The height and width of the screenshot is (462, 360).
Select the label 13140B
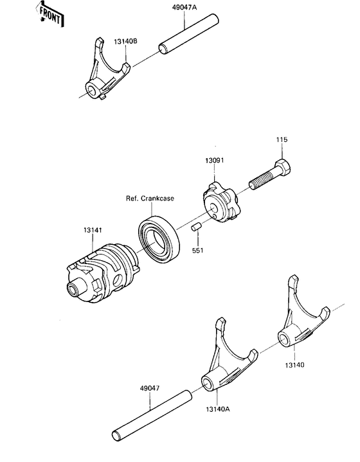(125, 43)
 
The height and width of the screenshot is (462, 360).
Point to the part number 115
(282, 139)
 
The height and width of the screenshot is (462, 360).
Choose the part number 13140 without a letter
(295, 364)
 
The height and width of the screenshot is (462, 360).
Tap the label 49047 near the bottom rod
(149, 389)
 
